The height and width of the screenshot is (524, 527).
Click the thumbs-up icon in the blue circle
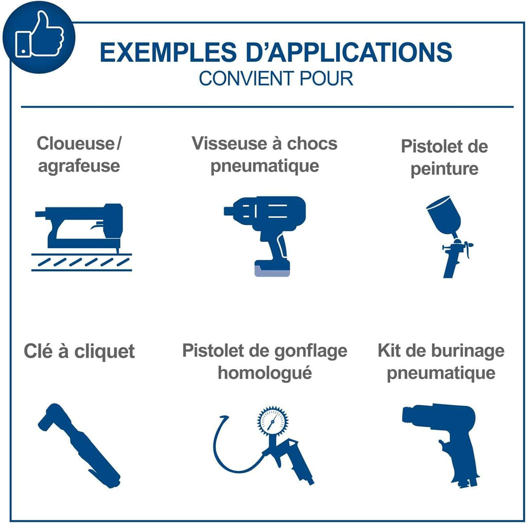39,34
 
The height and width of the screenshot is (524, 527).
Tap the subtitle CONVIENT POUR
276,79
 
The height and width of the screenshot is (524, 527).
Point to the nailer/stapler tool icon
81,237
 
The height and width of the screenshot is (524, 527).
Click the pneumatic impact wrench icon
265,236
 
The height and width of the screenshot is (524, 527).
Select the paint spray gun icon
449,237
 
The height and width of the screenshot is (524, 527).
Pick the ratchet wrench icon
79,445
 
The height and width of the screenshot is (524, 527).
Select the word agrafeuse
79,166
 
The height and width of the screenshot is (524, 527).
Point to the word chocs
312,144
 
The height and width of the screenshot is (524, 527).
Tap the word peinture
444,169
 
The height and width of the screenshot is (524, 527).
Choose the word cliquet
104,352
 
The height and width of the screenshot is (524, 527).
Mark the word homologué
265,373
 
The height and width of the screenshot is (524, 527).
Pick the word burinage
467,351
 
